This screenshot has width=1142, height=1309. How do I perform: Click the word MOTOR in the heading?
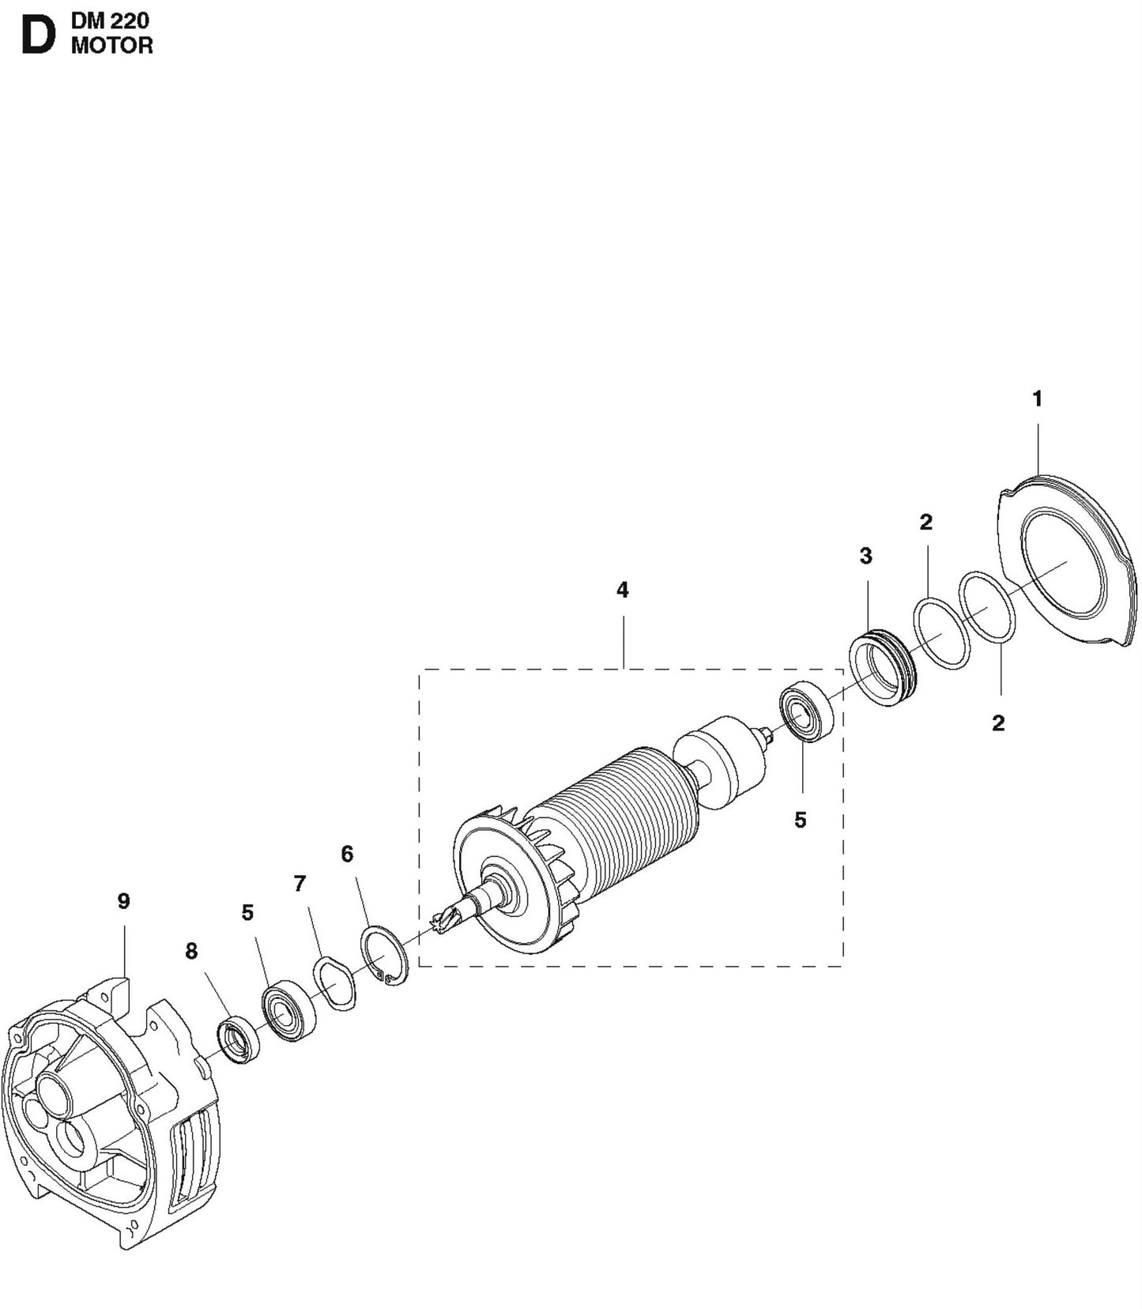point(112,46)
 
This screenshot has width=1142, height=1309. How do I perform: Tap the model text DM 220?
point(110,21)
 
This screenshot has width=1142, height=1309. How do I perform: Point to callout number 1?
point(1038,399)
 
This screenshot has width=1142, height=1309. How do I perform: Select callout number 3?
point(865,556)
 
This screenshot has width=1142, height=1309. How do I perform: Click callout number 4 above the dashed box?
point(622,590)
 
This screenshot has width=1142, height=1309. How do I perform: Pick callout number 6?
point(347,854)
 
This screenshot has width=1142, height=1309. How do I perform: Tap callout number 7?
point(300,884)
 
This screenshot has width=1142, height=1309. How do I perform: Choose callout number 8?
point(191,952)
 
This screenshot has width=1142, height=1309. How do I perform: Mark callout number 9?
point(123,901)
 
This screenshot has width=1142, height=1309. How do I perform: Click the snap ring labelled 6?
point(384,955)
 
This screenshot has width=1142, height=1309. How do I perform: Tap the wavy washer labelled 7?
point(336,984)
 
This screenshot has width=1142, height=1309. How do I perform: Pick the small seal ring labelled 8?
point(238,1042)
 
